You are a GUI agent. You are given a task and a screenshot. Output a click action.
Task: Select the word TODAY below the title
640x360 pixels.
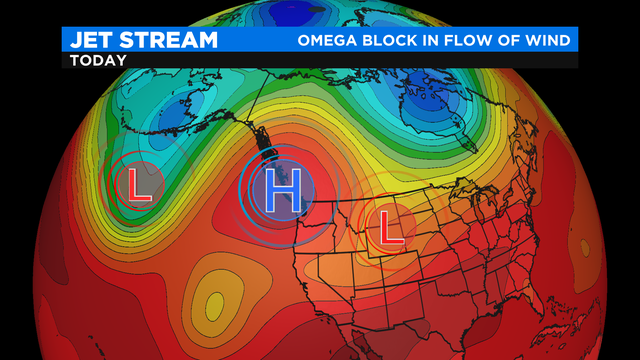tap(98, 60)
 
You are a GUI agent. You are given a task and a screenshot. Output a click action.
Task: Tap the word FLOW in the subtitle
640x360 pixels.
tap(476, 41)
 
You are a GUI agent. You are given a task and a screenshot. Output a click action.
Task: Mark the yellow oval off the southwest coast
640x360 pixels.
tap(213, 299)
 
